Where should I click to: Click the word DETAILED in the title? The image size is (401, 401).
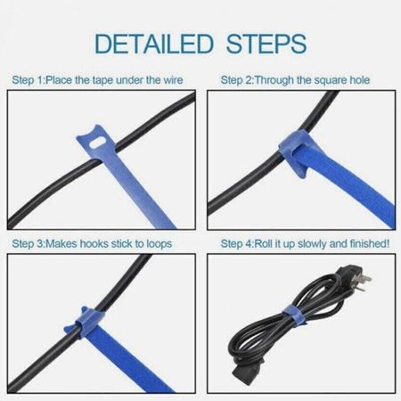click(x=154, y=44)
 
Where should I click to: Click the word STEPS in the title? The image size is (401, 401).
click(x=266, y=44)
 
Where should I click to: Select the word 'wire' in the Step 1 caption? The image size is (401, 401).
click(x=173, y=80)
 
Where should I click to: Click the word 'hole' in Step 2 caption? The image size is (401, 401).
click(x=360, y=80)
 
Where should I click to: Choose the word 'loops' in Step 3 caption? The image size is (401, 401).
click(x=160, y=244)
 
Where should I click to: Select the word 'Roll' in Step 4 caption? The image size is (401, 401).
click(x=264, y=243)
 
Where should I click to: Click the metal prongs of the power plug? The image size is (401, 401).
click(x=366, y=278)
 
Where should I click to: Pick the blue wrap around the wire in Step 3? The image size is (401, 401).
click(x=84, y=323)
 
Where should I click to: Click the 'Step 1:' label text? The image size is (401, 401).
click(x=28, y=80)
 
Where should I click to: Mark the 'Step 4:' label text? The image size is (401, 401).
click(x=237, y=244)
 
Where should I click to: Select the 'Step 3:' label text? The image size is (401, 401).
click(x=28, y=244)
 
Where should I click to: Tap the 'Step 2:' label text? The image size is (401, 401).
click(x=237, y=80)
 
